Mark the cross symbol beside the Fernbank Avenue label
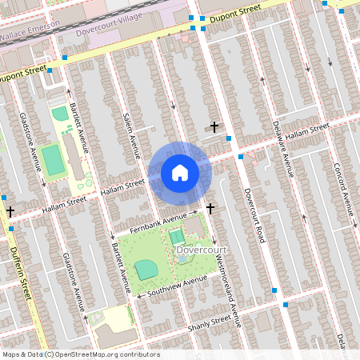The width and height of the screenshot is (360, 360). (210, 209)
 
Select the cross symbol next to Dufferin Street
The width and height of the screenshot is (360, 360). (10, 212)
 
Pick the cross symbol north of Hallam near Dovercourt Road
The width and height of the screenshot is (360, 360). (214, 126)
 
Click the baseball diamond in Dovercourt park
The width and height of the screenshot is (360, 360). (146, 270)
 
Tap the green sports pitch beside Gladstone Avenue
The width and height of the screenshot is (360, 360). (53, 160)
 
